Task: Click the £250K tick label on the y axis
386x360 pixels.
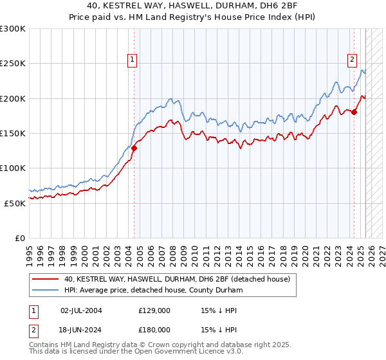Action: [x=13, y=64]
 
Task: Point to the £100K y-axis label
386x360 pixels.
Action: [x=13, y=168]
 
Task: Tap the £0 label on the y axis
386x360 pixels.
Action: [x=19, y=238]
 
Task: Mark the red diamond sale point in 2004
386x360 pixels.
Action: [x=134, y=148]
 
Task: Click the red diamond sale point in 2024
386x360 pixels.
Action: [x=354, y=112]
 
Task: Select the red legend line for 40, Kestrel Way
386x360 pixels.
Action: [x=45, y=279]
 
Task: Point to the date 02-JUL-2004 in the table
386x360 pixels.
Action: [x=81, y=310]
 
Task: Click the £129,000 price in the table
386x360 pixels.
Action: [x=154, y=310]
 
